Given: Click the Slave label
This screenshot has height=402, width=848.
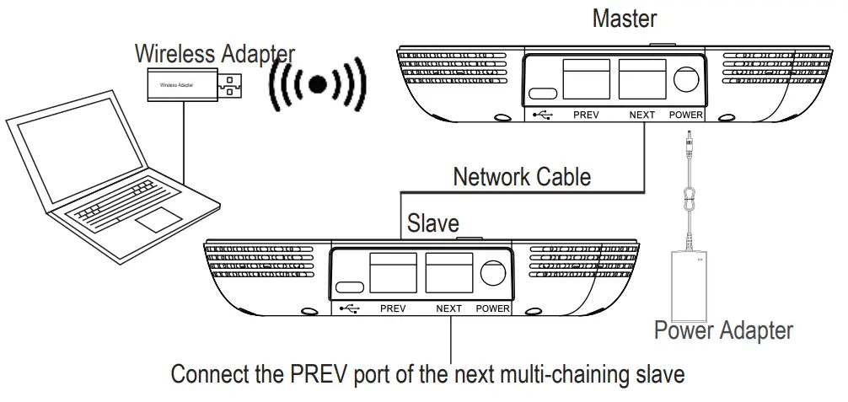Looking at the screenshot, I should (433, 223).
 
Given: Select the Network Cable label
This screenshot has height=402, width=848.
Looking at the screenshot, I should (522, 177).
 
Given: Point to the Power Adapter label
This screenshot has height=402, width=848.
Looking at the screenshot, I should (723, 330).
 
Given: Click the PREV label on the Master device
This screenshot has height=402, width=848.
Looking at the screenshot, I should (586, 115).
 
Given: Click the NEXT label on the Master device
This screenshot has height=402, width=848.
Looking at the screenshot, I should (641, 115).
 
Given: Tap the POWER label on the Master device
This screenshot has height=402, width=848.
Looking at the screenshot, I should (687, 115).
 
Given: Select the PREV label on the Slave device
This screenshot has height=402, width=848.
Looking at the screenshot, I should (393, 308).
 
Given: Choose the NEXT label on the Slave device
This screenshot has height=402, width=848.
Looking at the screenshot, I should (448, 308).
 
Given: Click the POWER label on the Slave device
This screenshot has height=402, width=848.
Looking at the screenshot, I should (493, 308).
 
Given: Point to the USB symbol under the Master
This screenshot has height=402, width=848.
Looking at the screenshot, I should (542, 115).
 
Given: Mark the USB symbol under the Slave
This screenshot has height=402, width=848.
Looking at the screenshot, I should (349, 308).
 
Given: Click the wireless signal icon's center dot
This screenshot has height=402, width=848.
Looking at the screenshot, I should (318, 83).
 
